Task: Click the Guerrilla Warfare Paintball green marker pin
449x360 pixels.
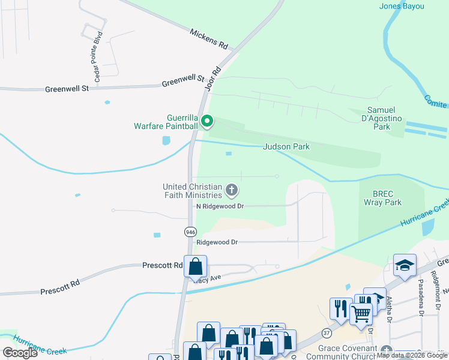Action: click(x=207, y=122)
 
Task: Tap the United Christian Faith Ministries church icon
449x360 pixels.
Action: click(x=232, y=191)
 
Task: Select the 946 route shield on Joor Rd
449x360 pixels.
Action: click(x=190, y=232)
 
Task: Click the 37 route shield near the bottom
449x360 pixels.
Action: click(x=327, y=332)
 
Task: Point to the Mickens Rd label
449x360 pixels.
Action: click(x=209, y=38)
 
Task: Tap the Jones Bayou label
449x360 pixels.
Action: click(x=402, y=6)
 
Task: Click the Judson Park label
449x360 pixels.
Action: click(x=286, y=146)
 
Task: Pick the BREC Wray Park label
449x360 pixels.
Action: click(x=382, y=197)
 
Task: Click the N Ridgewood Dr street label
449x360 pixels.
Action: click(x=220, y=206)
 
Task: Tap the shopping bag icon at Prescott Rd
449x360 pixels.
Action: click(x=195, y=266)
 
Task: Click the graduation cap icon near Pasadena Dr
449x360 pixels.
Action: click(x=405, y=265)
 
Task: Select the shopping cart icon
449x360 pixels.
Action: click(x=361, y=313)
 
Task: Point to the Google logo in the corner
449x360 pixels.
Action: click(x=20, y=353)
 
